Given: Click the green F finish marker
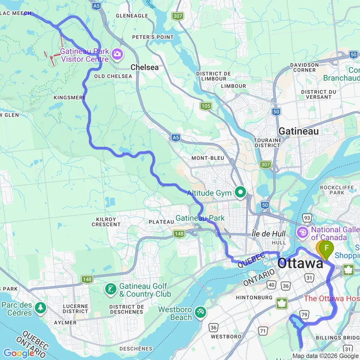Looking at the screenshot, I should (x=327, y=248).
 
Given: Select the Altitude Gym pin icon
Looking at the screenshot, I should (x=240, y=193).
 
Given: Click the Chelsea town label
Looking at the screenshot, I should (x=144, y=67).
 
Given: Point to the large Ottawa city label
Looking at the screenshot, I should (x=300, y=264).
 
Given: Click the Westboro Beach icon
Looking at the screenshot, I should (x=201, y=312).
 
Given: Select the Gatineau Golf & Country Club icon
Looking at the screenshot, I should (x=111, y=289).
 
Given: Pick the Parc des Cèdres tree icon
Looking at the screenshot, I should (x=40, y=307).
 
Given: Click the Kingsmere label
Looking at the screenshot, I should (x=70, y=97).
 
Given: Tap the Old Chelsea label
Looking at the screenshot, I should (x=113, y=76).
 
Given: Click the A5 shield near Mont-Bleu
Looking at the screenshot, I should (x=176, y=138).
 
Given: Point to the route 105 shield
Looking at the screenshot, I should (x=206, y=106).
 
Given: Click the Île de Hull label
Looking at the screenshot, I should (x=269, y=234).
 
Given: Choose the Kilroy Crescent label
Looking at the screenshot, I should (x=106, y=222).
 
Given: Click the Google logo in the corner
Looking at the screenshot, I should (x=18, y=353).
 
